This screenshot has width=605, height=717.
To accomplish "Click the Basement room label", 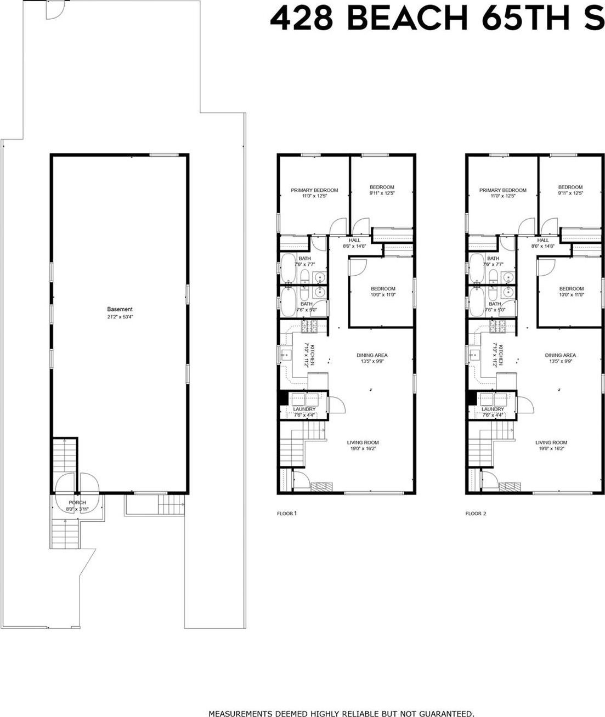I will (120, 309).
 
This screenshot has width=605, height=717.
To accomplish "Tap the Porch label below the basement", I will (77, 503).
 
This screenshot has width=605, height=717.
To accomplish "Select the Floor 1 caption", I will (287, 514).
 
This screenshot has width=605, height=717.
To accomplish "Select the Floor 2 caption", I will (476, 514).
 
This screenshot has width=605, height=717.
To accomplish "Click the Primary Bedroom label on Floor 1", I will (314, 190).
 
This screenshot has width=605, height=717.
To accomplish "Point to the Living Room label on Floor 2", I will (551, 442).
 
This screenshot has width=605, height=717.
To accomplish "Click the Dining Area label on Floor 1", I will (372, 355).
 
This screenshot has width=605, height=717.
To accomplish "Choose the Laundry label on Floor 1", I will (304, 409).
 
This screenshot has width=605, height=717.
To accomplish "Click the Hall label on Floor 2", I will (543, 240).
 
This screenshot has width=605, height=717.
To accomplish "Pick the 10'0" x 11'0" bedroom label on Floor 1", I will (382, 289).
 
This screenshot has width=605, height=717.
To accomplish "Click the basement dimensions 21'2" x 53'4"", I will (120, 317).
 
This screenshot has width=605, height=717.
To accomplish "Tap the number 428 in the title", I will (301, 19).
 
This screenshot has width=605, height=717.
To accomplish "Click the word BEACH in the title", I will (407, 19).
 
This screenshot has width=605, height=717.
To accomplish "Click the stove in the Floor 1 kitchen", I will (310, 327).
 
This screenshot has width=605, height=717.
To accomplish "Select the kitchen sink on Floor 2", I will (474, 355).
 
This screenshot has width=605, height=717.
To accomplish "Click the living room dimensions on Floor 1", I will (363, 449).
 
